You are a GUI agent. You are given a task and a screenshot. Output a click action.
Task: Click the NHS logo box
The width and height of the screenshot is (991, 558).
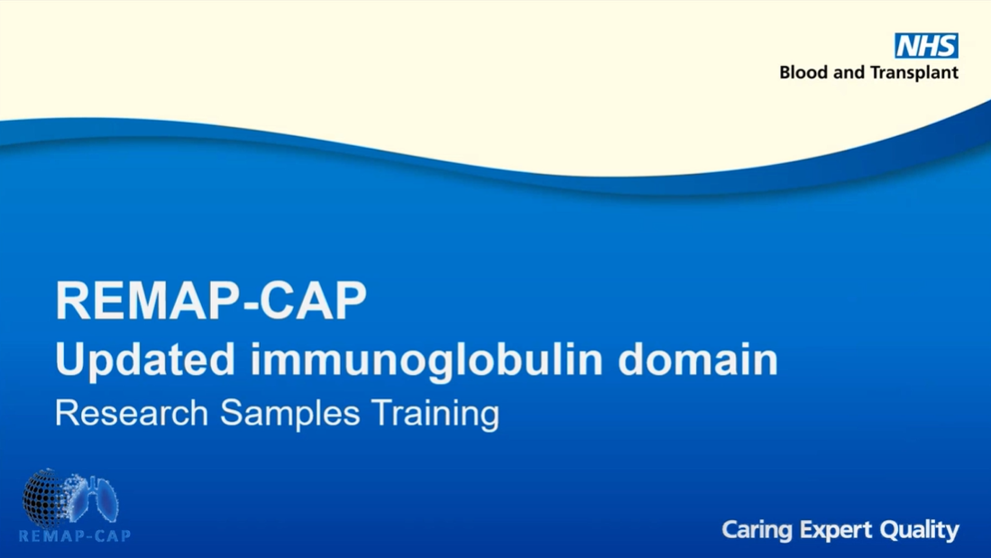click(x=927, y=45)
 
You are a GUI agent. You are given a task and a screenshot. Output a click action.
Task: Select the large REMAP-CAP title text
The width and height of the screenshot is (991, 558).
click(x=211, y=300)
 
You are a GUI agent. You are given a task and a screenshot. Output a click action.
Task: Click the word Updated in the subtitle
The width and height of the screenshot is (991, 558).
click(x=145, y=359)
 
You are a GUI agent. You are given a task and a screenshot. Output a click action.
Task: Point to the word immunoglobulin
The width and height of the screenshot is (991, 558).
click(x=427, y=360)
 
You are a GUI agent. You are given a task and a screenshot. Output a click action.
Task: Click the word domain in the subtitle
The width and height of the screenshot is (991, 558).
click(x=698, y=359)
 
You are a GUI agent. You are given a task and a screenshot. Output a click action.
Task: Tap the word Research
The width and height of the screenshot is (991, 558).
click(x=132, y=413)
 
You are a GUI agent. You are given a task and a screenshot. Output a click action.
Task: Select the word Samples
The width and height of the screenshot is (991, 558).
click(x=289, y=414)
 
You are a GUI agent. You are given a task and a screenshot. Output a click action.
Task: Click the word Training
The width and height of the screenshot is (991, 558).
click(x=436, y=414)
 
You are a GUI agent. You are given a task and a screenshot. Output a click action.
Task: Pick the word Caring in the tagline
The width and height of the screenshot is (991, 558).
click(x=757, y=530)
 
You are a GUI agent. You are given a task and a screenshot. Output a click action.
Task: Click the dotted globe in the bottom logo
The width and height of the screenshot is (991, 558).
click(x=45, y=499)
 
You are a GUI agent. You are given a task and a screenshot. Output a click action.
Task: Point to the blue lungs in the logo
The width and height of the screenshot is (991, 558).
click(x=95, y=499)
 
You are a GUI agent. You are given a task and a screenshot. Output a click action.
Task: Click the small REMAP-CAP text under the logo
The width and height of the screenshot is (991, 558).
click(x=75, y=535)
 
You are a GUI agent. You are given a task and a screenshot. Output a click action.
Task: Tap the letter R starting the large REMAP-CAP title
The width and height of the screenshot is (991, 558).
click(x=72, y=300)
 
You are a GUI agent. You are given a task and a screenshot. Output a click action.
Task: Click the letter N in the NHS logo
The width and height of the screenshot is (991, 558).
click(x=908, y=46)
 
